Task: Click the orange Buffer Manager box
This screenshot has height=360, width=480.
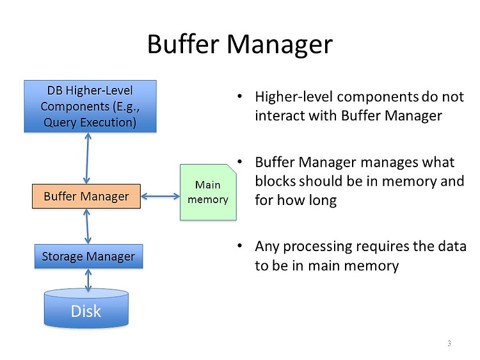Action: [x=86, y=197]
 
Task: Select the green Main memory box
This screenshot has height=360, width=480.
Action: [x=208, y=192]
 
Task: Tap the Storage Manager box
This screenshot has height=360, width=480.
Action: [x=88, y=256]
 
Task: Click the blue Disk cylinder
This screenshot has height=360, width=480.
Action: [x=86, y=308]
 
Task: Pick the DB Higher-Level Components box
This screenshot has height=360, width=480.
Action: [x=90, y=106]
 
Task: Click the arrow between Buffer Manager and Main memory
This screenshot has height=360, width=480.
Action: [x=160, y=197]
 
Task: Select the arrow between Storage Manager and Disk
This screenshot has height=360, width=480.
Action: [x=88, y=280]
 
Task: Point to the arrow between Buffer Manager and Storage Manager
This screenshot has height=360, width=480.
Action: [x=87, y=226]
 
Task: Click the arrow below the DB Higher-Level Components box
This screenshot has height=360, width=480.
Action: [x=87, y=158]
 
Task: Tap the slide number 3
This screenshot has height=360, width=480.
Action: [x=449, y=343]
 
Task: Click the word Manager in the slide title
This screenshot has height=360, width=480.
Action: [x=280, y=45]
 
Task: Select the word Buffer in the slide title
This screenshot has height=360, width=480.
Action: [x=183, y=44]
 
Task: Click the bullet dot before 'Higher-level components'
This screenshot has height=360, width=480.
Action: [x=240, y=97]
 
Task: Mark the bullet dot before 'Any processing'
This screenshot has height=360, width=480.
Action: [x=240, y=246]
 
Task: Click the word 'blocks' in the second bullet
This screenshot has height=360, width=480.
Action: [x=275, y=181]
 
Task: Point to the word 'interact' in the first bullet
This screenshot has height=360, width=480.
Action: [x=280, y=116]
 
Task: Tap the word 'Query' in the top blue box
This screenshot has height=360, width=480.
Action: [x=60, y=122]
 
